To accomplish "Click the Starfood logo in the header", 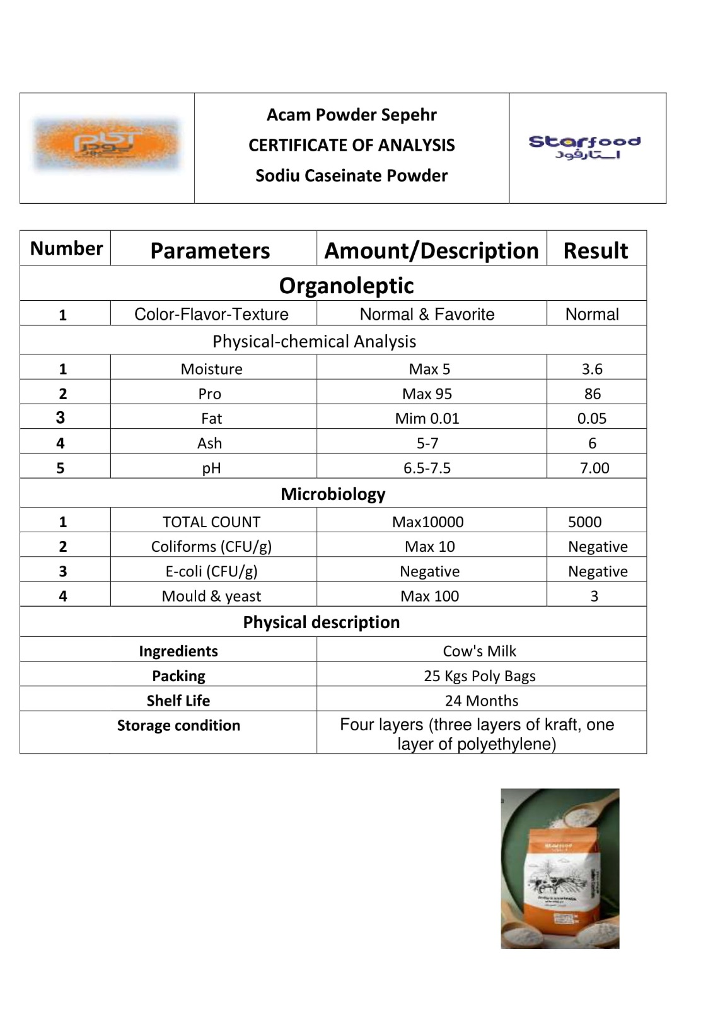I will point(584,147).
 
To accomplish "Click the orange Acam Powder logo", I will point(107,144).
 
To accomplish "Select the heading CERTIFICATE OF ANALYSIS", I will point(351,145).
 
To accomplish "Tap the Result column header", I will point(595,250).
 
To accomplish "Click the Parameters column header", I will point(210,250).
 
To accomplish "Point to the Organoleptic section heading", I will point(346,285).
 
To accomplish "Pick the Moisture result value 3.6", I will point(592,369).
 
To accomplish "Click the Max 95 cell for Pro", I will point(427,394).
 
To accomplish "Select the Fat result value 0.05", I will point(591,418).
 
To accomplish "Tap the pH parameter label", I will point(211,468).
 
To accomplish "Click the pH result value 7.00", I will point(594,468).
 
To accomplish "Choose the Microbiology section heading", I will point(333,494).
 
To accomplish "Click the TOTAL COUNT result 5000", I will point(584,522).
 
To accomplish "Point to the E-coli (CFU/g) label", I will point(211,571).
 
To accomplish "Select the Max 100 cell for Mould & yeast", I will point(429,596).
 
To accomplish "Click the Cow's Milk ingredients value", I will point(479,651).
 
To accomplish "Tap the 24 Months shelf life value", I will point(481,701).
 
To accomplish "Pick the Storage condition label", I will point(178,725).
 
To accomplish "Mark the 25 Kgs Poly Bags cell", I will point(479,676).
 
